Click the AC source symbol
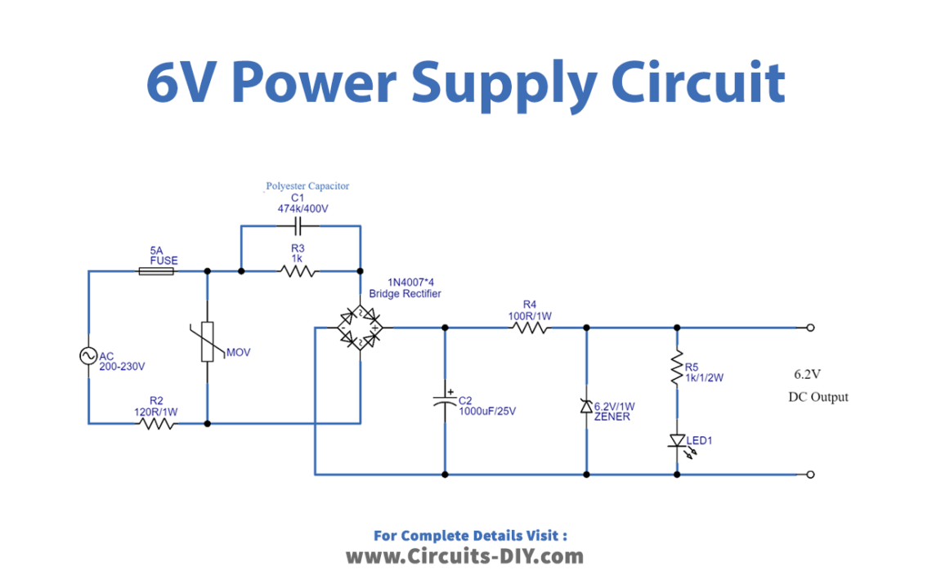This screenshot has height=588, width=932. [x=88, y=356]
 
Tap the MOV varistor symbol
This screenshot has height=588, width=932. [x=208, y=341]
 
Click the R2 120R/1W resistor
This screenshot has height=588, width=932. [x=157, y=423]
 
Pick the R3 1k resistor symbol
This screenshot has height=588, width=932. [x=298, y=270]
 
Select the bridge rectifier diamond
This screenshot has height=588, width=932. [x=360, y=327]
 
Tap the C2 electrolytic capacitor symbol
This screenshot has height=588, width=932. [x=446, y=399]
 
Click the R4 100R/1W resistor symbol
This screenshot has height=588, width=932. [x=531, y=327]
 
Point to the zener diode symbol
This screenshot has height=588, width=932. [x=586, y=407]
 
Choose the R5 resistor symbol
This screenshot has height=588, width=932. [x=677, y=368]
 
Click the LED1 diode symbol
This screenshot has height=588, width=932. [x=677, y=441]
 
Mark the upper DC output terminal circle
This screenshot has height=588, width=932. [x=810, y=327]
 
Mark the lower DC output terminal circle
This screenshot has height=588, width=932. [x=810, y=474]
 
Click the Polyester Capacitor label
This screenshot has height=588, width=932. [x=307, y=186]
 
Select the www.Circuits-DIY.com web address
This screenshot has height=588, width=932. [x=465, y=557]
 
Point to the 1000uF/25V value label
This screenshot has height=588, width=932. [x=487, y=411]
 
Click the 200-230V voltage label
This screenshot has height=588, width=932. [x=122, y=367]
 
